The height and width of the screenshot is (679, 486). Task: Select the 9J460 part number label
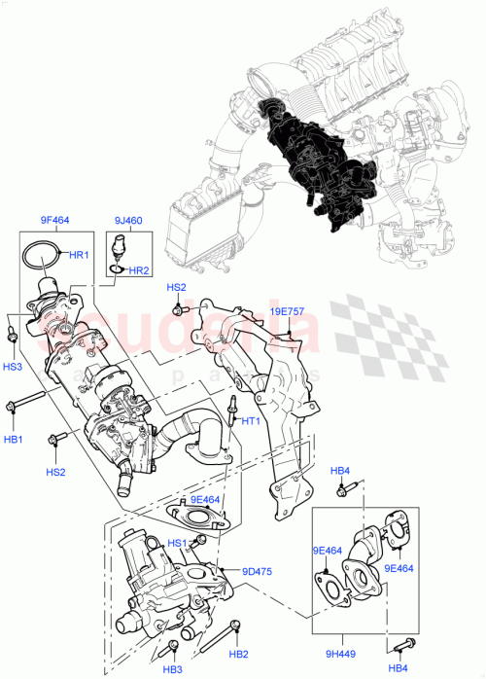pyautogui.click(x=126, y=222)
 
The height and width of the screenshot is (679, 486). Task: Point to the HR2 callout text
pyautogui.click(x=139, y=270)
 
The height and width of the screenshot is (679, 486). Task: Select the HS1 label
pyautogui.click(x=177, y=543)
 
